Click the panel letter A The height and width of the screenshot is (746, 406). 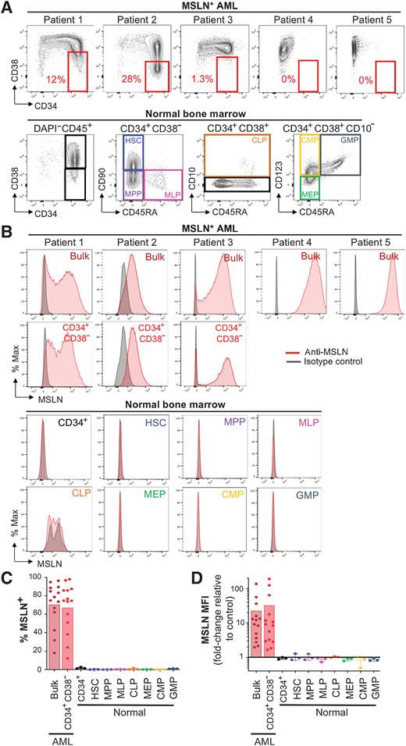pos(7,8)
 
